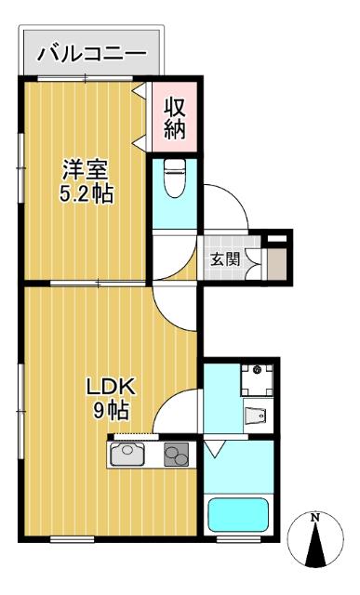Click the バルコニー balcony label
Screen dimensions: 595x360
(x=92, y=54)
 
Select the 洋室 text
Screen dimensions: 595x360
(x=87, y=170)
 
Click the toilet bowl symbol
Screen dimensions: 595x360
(x=173, y=182)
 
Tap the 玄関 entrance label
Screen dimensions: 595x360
(x=227, y=258)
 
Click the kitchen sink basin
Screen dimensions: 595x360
(x=129, y=455)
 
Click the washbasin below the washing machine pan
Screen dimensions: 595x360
(x=256, y=415)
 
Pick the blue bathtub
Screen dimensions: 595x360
(x=237, y=514)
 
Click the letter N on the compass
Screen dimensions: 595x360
(x=315, y=517)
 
